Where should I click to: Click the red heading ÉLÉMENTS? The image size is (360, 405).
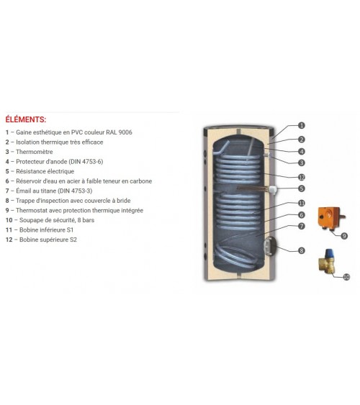[26, 119]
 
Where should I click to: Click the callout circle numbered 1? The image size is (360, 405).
[302, 126]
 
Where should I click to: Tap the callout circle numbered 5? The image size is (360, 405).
[302, 188]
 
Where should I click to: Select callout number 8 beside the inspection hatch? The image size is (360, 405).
[302, 250]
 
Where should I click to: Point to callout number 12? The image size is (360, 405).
[302, 177]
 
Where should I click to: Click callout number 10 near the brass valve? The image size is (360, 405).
[346, 277]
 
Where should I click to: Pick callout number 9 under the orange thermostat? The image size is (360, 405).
[344, 236]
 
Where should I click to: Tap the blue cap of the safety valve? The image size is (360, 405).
[329, 253]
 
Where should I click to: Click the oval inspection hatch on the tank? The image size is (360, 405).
[269, 246]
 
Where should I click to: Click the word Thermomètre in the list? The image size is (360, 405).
[35, 152]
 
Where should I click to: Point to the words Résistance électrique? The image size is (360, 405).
[45, 171]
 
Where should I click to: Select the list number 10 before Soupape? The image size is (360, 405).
[9, 220]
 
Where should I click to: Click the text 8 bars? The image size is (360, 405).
[86, 220]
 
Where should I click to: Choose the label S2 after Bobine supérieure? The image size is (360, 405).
[73, 240]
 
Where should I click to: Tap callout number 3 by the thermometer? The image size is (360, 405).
[302, 163]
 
